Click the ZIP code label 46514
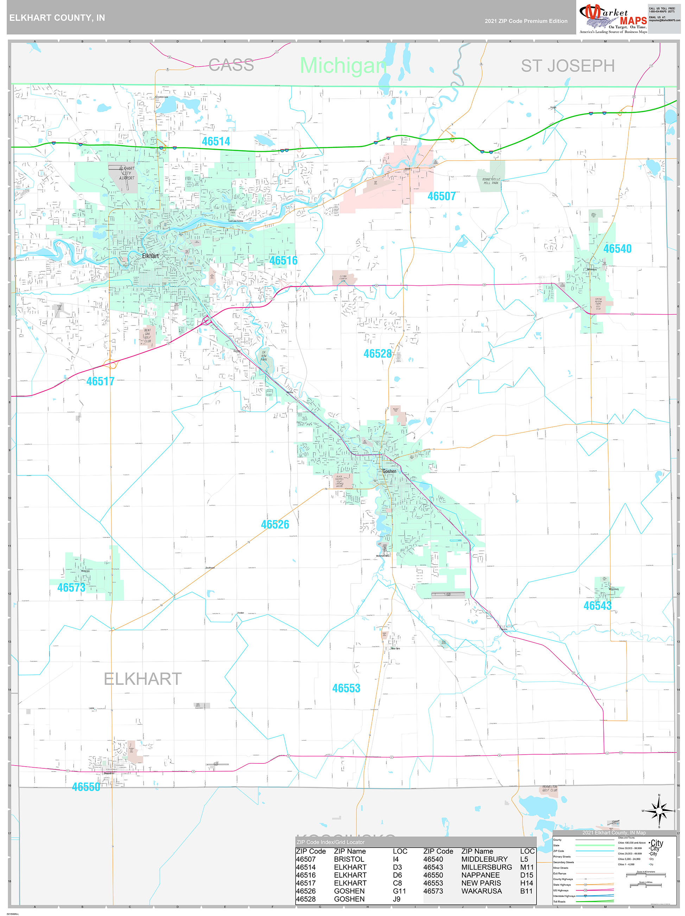(216, 142)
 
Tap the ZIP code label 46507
(441, 196)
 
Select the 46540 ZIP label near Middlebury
(617, 249)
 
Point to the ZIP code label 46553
(346, 688)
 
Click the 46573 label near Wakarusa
(71, 588)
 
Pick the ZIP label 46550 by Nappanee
(86, 787)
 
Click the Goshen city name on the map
(389, 471)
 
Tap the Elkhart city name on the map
(150, 256)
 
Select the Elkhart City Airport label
(127, 173)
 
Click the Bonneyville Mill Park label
(491, 181)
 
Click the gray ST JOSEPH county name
(567, 66)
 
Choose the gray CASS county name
(231, 65)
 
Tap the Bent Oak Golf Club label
(147, 336)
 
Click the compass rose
(659, 810)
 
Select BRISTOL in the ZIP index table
(349, 859)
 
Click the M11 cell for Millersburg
(527, 867)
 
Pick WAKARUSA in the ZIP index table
(482, 891)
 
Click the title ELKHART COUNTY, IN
(57, 18)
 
